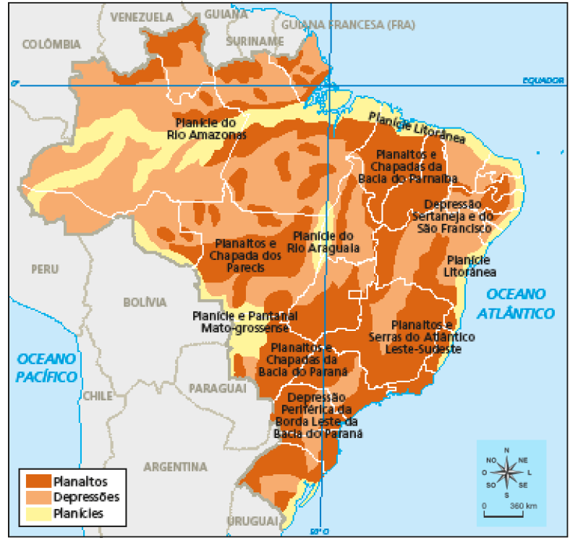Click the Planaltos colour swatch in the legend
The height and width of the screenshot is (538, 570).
38,480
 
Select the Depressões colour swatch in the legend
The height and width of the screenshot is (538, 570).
38,497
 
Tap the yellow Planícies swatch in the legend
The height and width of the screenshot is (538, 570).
38,513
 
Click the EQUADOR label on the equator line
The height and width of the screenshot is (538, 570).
543,80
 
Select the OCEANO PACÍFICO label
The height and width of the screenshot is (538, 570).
47,367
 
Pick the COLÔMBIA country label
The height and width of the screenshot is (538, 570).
51,45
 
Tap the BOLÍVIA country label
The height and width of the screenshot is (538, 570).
145,302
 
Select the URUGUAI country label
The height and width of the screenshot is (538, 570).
252,521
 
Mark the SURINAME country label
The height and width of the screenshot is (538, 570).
255,41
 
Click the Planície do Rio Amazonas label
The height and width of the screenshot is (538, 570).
208,128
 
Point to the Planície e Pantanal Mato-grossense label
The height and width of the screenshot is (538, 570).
241,321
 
